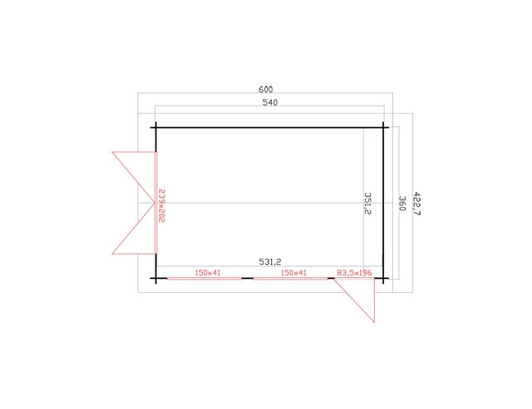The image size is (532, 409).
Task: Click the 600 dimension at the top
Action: [x=266, y=89]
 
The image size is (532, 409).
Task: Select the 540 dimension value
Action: [x=270, y=102]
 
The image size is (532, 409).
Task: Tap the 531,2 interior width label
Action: [x=270, y=262]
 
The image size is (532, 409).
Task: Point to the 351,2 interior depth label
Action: [x=367, y=203]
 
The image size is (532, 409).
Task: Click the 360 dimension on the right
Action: [x=402, y=203]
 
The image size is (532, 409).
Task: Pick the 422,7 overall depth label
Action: [x=417, y=204]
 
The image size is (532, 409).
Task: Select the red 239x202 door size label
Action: [x=161, y=206]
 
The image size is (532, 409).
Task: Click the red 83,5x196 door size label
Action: [x=354, y=272]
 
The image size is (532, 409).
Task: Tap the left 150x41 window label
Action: [x=208, y=272]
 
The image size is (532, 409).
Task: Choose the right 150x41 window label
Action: [x=294, y=272]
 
